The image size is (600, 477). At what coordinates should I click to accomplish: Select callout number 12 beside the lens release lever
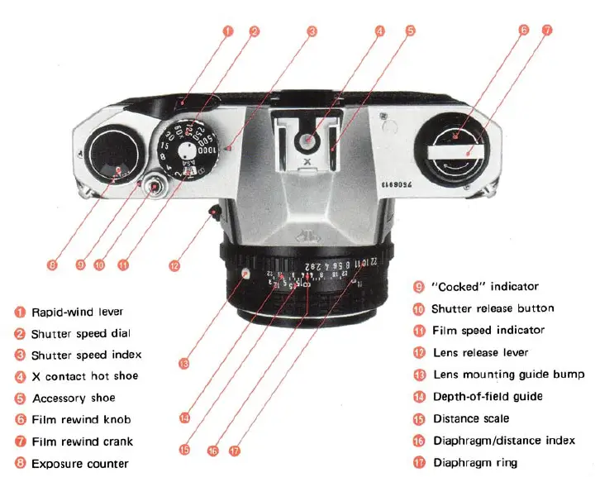tap(174, 266)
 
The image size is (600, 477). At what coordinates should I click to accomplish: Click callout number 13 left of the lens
tap(183, 362)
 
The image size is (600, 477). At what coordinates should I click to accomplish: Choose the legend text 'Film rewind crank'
tap(82, 441)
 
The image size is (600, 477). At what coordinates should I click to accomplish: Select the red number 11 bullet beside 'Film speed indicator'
tap(418, 331)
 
